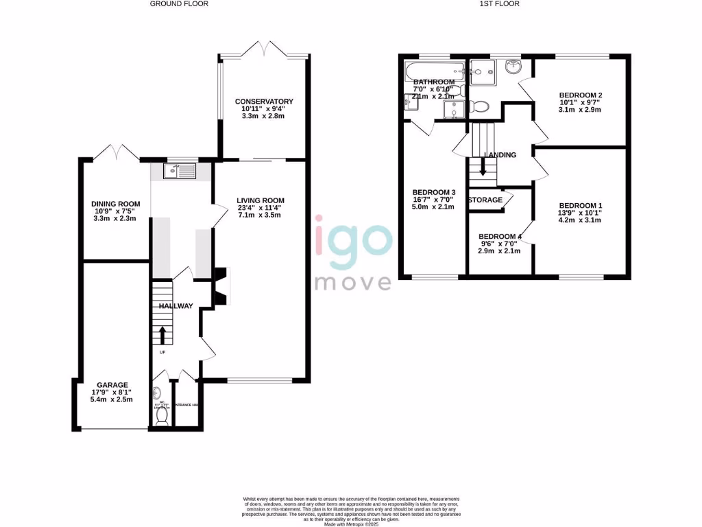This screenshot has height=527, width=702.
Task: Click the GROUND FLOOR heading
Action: pos(179,4)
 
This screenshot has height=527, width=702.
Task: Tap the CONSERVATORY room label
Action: pos(264,102)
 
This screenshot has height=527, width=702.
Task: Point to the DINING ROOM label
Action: pos(116,204)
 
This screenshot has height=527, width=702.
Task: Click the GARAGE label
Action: pos(112,385)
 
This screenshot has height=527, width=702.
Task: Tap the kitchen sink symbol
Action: pos(180,170)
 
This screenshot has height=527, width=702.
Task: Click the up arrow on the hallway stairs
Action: pos(162,334)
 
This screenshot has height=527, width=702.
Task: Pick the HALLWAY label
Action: pos(175,306)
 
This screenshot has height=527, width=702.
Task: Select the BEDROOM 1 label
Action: pos(580,206)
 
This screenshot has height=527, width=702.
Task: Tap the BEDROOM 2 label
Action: pos(580,95)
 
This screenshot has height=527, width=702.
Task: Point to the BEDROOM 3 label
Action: pos(433,192)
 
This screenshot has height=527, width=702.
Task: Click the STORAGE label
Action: pos(485,200)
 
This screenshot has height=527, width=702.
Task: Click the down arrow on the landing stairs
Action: pos(483,167)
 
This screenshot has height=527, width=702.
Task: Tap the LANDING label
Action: pos(500,155)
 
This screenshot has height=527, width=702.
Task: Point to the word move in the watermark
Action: pos(353,282)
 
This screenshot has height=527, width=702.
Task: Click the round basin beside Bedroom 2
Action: pos(513,67)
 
